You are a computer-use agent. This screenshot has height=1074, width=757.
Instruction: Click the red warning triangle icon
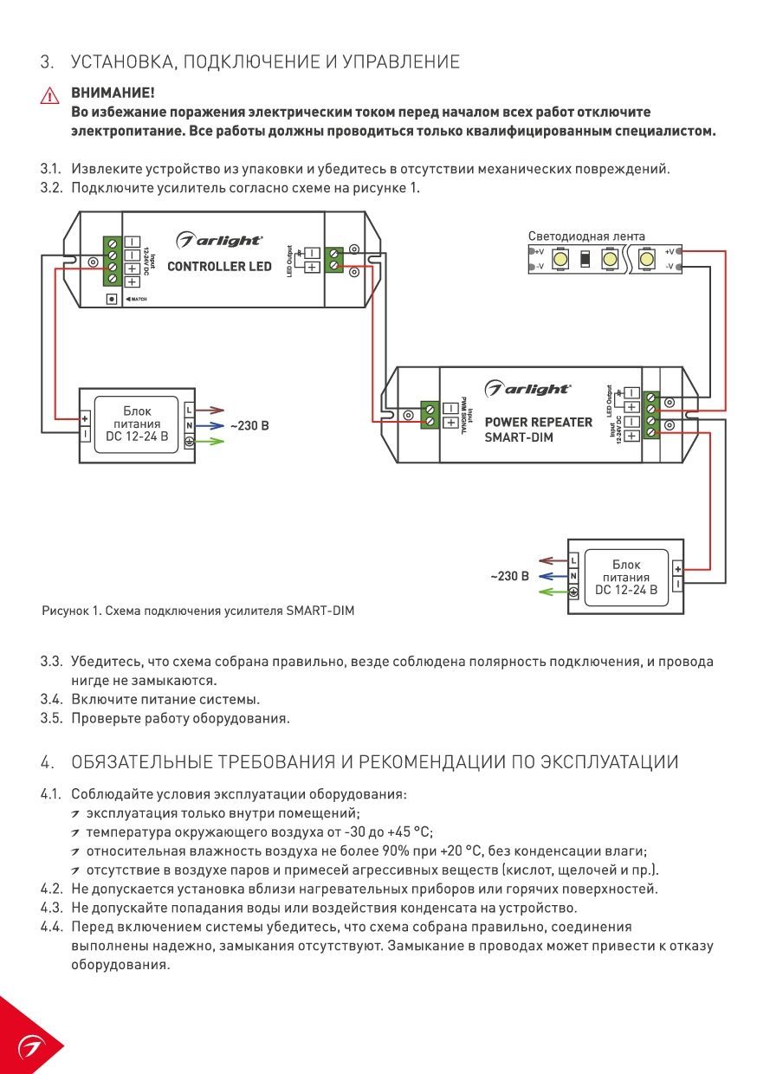coord(50,96)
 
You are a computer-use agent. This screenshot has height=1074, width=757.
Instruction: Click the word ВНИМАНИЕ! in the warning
coord(113,93)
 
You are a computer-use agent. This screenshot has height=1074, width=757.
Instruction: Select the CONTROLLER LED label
coord(219,267)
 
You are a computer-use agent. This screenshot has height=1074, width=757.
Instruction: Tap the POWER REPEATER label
coord(539,423)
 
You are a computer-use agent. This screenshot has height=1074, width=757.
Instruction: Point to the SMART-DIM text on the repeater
coord(518,437)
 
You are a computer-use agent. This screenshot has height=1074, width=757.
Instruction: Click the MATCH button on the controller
coord(112,299)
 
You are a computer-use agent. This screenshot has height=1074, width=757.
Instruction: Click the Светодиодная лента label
coord(586,236)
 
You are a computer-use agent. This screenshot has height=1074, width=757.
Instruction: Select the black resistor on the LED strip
coord(585,259)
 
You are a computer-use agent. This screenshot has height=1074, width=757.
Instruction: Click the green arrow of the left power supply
coord(210,441)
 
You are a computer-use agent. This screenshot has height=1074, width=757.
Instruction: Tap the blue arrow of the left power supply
coord(210,426)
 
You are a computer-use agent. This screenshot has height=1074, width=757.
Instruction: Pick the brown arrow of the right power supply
coord(553,561)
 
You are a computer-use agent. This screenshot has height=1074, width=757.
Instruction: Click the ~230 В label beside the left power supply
coord(249,426)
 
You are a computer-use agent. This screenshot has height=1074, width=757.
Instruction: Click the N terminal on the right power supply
coord(574,577)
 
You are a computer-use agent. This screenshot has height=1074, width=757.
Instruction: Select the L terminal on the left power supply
coord(190,411)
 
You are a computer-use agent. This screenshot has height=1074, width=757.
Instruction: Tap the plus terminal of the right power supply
coord(677,570)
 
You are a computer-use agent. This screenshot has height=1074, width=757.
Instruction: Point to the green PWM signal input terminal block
coord(430,415)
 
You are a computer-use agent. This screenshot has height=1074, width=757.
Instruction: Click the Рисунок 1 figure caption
coord(198,611)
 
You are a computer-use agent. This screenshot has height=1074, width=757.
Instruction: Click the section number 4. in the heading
coord(48,762)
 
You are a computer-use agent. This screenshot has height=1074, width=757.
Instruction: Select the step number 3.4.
coord(52,700)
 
